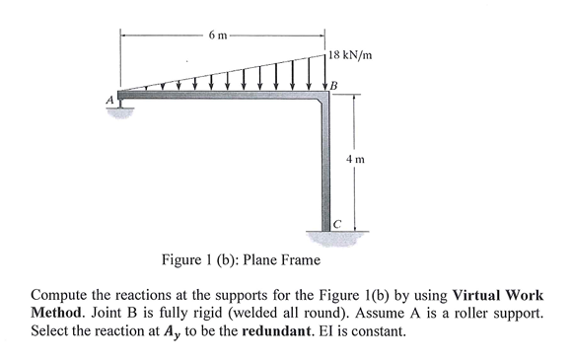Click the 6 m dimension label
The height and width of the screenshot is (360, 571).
(218, 36)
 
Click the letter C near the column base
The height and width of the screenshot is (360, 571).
(336, 224)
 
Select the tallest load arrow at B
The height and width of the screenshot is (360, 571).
(325, 74)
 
